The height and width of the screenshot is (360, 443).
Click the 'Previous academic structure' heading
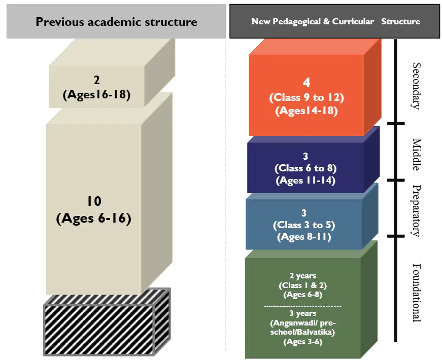116,22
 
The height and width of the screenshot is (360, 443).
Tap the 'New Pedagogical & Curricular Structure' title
335,21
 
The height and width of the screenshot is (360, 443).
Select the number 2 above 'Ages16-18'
96,81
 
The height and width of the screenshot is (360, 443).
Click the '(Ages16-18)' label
96,95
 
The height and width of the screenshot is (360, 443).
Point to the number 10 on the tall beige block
94,201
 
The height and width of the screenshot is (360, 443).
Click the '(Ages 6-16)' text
94,218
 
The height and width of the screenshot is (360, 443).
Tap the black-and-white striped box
107,321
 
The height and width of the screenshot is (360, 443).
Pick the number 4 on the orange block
306,83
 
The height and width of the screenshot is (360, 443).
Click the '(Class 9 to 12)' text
306,98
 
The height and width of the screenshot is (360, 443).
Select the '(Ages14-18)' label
306,111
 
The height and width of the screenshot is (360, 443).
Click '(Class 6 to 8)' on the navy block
305,168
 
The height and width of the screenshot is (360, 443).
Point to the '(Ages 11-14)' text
305,181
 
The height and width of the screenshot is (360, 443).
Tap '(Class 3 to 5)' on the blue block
304,225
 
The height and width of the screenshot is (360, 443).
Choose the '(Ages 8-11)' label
304,237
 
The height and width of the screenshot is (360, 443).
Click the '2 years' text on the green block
302,275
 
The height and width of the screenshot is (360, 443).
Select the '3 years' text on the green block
302,313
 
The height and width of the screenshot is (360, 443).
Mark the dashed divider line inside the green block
302,306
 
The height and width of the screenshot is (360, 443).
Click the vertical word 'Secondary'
416,86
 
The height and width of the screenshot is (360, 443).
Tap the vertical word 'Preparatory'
416,210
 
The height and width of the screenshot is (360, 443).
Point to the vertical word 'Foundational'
416,293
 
